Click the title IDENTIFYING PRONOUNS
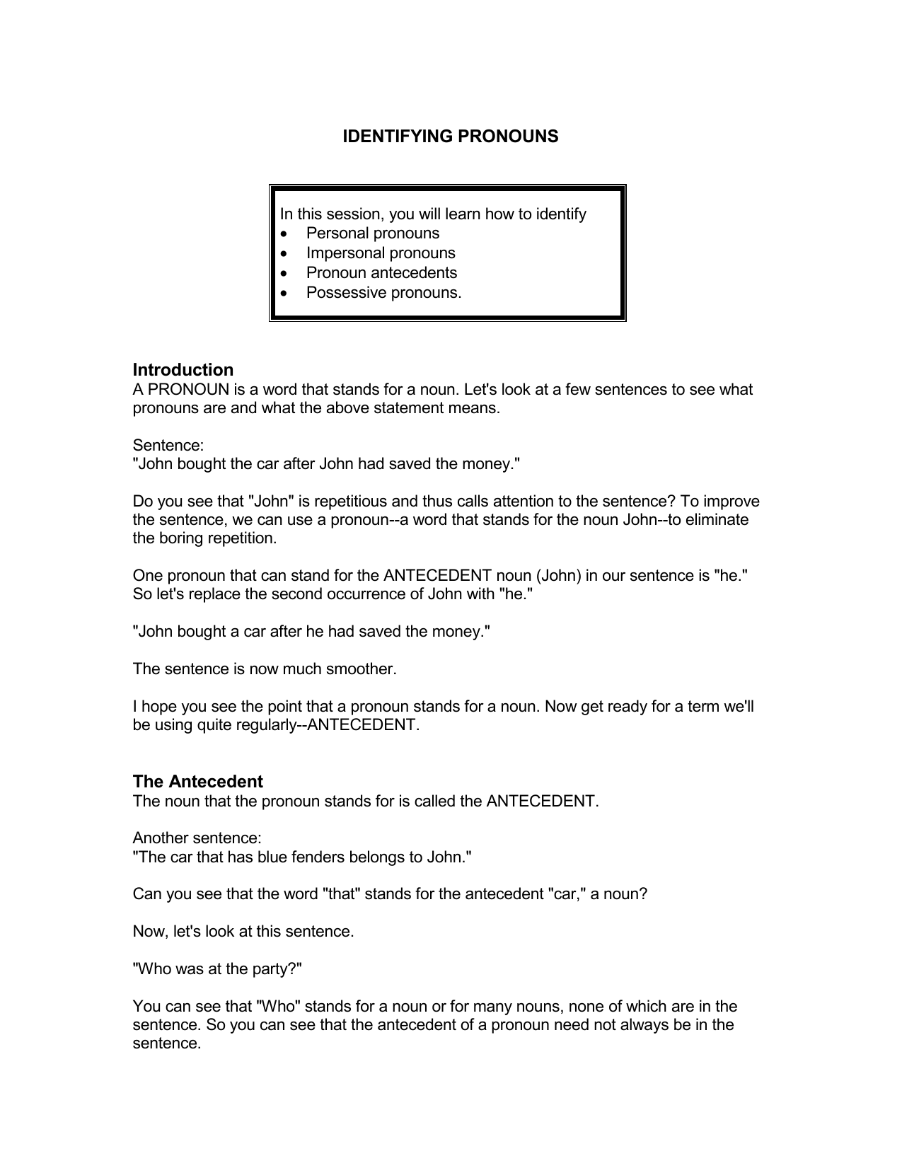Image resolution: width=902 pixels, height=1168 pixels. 450,137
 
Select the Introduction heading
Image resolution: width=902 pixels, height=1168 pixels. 183,370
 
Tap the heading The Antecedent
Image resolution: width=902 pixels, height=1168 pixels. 197,782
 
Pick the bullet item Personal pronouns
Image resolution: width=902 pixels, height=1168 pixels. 372,233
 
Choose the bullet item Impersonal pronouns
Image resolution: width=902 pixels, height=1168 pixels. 381,253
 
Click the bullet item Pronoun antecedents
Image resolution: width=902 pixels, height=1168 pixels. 381,273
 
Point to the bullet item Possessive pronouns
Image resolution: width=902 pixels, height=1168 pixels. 383,293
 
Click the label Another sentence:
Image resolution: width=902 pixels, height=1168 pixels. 197,838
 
